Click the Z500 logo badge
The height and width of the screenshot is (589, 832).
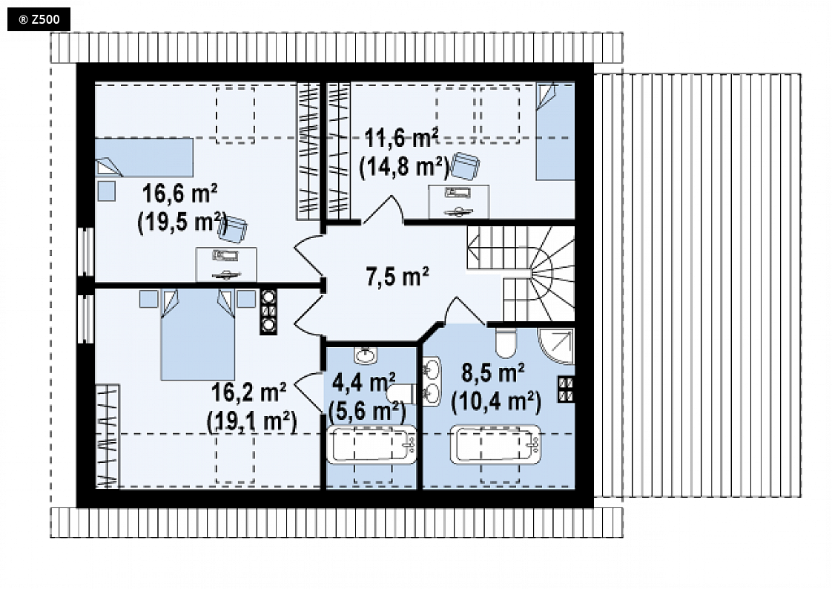[39, 19]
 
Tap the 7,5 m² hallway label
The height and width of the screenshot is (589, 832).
[397, 277]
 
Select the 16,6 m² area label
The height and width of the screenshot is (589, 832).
[180, 194]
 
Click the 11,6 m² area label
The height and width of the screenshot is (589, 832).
[402, 139]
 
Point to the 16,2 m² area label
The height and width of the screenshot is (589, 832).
[249, 392]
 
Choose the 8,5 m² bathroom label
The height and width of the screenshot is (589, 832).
[493, 372]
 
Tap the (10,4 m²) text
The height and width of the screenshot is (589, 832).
[496, 401]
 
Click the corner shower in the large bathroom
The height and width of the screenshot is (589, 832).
[556, 346]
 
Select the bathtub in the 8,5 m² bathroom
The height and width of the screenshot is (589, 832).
[495, 444]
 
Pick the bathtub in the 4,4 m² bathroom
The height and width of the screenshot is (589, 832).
[372, 444]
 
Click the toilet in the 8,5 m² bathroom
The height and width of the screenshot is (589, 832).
[506, 343]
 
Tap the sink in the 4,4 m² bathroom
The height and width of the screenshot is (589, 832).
[365, 355]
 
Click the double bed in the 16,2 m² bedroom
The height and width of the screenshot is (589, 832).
[198, 335]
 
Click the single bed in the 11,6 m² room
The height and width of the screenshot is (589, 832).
[555, 131]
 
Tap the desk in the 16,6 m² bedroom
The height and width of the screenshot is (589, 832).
[226, 264]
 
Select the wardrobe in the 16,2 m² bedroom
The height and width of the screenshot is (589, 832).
[108, 435]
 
